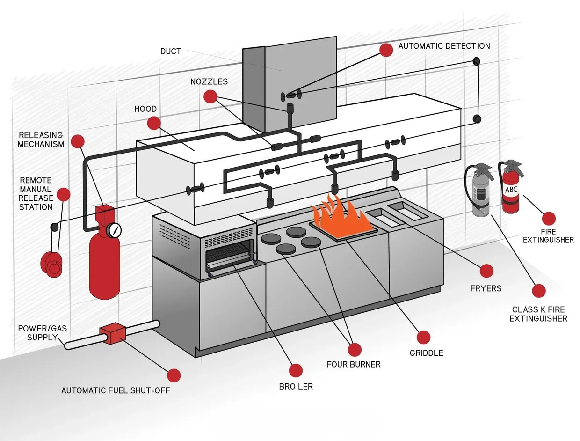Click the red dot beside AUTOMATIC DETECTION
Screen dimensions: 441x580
point(386,50)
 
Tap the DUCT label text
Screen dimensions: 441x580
point(170,51)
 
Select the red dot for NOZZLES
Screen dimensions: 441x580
point(210,96)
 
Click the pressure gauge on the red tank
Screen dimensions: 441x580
point(114,229)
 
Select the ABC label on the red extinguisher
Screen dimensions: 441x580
point(511,190)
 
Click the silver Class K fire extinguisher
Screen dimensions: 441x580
point(480,192)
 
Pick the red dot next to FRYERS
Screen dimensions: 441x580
point(486,271)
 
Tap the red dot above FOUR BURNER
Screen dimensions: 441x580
point(354,349)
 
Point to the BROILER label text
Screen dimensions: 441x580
point(296,386)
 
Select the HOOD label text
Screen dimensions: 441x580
point(145,109)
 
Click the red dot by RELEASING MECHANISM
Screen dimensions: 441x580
point(77,141)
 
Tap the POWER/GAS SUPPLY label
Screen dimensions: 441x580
point(42,333)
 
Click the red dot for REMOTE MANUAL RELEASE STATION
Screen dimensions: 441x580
point(63,194)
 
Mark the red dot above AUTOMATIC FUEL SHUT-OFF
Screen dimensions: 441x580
point(174,375)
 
